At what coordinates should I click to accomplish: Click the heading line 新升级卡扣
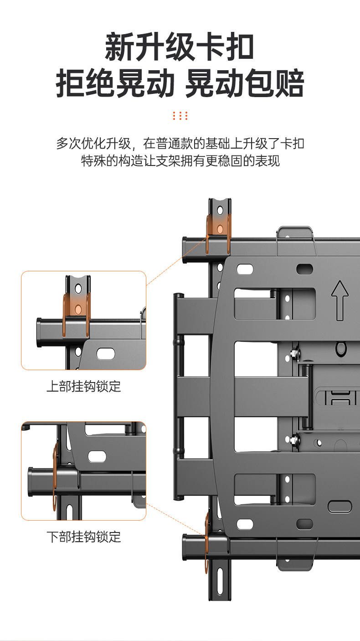pyautogui.click(x=180, y=47)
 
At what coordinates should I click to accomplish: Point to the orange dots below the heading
pyautogui.click(x=180, y=115)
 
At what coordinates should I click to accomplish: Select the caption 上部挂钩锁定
pyautogui.click(x=84, y=387)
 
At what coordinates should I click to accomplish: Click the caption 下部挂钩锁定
pyautogui.click(x=84, y=537)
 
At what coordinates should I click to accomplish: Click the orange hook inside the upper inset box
pyautogui.click(x=77, y=310)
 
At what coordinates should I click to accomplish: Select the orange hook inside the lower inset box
pyautogui.click(x=56, y=474)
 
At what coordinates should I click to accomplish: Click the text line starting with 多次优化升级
pyautogui.click(x=180, y=144)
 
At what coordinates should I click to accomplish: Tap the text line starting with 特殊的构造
pyautogui.click(x=180, y=161)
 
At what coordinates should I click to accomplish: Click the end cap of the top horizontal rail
pyautogui.click(x=185, y=247)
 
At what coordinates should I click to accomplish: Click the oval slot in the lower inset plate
pyautogui.click(x=97, y=456)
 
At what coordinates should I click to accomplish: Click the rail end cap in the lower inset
pyautogui.click(x=31, y=481)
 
